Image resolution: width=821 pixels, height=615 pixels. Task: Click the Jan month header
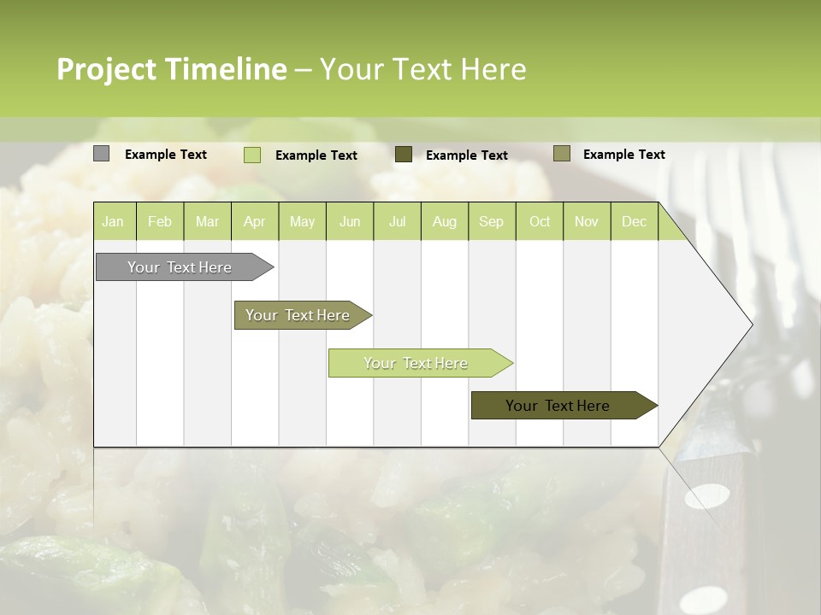(113, 222)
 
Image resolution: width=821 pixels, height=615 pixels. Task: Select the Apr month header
(254, 222)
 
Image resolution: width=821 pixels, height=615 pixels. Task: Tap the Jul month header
(397, 222)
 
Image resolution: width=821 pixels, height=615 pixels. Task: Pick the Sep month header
(491, 222)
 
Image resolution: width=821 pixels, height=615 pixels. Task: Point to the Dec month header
(634, 222)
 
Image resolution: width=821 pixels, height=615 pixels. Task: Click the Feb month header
(160, 222)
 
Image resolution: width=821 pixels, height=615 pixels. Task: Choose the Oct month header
(540, 222)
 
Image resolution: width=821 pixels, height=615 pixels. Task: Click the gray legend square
(101, 154)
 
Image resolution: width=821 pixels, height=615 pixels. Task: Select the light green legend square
(252, 155)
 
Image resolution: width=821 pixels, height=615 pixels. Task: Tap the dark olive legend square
(404, 154)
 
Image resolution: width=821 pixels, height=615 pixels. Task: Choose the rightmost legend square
(561, 154)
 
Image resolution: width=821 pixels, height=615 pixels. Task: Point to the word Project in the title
(106, 69)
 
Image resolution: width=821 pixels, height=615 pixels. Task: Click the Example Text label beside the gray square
(166, 155)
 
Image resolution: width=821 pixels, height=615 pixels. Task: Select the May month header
(302, 222)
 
